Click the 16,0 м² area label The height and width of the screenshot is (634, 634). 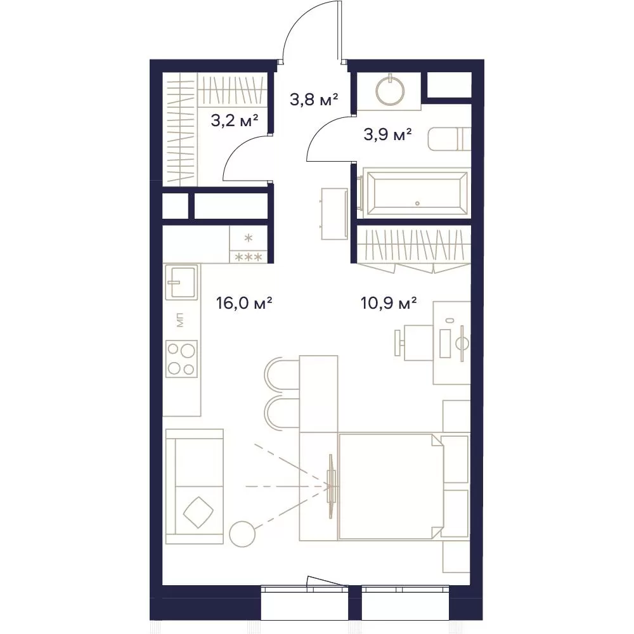244,303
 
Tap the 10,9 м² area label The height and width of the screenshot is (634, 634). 389,303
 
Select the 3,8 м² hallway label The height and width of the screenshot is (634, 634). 314,100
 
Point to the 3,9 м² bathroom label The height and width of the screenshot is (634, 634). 388,134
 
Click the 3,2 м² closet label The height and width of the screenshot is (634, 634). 235,120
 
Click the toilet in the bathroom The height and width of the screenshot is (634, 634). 450,139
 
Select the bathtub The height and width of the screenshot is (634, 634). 417,193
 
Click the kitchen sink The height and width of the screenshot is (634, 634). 181,282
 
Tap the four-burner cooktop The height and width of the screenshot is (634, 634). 182,358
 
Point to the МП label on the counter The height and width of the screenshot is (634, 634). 180,320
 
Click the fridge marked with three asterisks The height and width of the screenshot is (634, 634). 249,245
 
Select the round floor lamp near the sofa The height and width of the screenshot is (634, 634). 242,534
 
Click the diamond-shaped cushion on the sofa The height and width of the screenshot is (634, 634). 198,512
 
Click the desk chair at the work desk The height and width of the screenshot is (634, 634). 415,343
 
